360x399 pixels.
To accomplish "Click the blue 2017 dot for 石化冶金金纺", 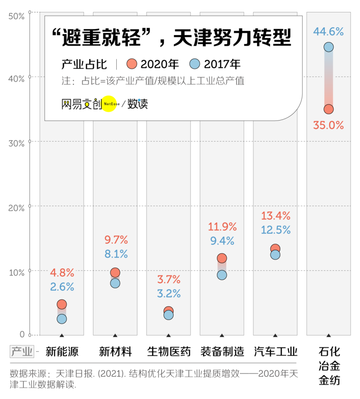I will (328, 47).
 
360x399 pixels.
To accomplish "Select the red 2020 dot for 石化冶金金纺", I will (328, 109).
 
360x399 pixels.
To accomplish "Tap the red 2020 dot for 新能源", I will (62, 304).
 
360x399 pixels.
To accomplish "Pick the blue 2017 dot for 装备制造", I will (222, 275).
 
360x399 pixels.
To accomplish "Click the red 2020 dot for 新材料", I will (115, 272).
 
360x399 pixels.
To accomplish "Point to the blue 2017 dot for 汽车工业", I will (275, 255).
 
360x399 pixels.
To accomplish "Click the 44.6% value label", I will (328, 32).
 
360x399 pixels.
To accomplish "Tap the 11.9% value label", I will (222, 227).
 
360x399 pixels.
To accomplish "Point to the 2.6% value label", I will (62, 287).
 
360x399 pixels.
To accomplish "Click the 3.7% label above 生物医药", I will (168, 279).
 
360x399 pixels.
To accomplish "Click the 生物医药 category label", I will (168, 351).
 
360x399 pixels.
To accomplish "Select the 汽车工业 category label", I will (275, 351).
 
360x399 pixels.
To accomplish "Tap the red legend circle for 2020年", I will (132, 64).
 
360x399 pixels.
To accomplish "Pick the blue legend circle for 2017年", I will (194, 64).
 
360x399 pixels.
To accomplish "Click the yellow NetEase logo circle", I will (109, 104).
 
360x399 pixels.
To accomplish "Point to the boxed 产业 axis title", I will (22, 351).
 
